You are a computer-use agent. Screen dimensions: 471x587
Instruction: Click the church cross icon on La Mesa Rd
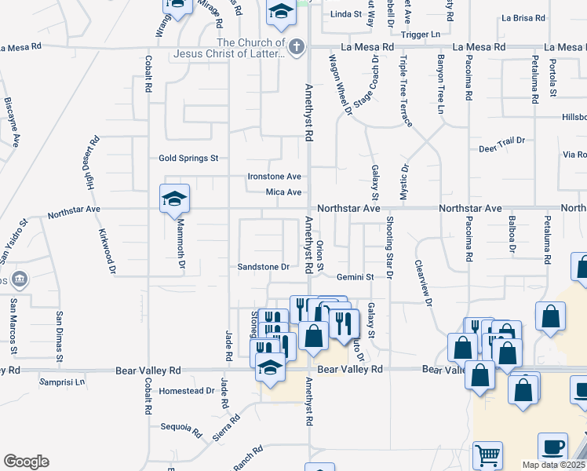pyautogui.click(x=296, y=46)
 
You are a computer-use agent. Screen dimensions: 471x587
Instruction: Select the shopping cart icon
pyautogui.click(x=487, y=455)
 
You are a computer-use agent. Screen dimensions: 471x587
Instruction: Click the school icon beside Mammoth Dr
pyautogui.click(x=174, y=199)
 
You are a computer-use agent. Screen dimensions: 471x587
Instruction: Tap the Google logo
pyautogui.click(x=26, y=462)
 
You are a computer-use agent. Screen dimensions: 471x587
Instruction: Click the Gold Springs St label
pyautogui.click(x=188, y=159)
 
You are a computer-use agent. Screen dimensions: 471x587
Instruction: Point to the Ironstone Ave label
pyautogui.click(x=275, y=177)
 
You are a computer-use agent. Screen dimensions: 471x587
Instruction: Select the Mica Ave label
pyautogui.click(x=283, y=192)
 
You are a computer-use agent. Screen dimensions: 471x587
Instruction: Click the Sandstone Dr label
pyautogui.click(x=264, y=267)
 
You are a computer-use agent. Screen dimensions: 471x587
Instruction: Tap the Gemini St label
pyautogui.click(x=355, y=277)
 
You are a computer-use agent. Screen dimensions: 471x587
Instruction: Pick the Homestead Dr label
pyautogui.click(x=186, y=391)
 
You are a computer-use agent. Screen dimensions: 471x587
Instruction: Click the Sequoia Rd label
pyautogui.click(x=181, y=428)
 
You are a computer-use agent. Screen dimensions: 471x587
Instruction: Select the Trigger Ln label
pyautogui.click(x=421, y=35)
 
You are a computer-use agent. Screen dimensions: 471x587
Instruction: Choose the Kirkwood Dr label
pyautogui.click(x=107, y=252)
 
